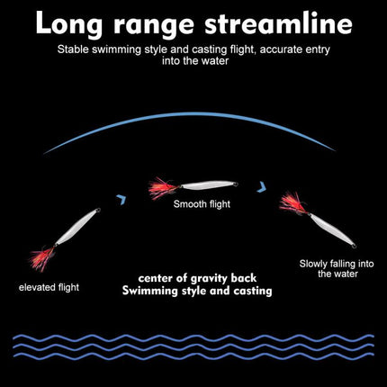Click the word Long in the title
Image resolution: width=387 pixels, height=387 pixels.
pos(68,24)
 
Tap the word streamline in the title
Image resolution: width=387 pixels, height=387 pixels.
pos(278,23)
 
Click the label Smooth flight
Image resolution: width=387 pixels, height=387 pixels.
pos(202,204)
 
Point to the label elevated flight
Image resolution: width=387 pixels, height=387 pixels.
pos(49,287)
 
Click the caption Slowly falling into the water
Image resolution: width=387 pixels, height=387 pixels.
pos(337,269)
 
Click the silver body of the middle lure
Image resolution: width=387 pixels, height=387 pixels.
pos(209,184)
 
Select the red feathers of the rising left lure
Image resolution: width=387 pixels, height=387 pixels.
pos(42,258)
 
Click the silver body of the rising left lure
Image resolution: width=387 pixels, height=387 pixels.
pos(76,228)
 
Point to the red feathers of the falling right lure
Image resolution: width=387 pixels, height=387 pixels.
pos(293,203)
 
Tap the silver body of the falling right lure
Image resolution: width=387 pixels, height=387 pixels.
pos(330,229)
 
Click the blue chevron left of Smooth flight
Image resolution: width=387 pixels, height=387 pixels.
pos(121,199)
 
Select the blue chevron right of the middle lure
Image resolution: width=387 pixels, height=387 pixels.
pos(262,186)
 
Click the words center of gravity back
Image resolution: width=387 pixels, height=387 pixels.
pos(197,278)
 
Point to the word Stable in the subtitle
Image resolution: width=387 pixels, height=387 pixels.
pos(73,49)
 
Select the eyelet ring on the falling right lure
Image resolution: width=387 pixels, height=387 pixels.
pos(354,247)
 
